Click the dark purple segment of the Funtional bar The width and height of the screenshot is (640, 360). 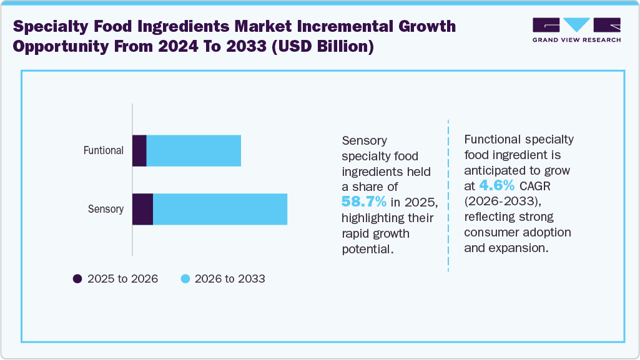tap(139, 150)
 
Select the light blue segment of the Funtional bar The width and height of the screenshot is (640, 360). tap(194, 150)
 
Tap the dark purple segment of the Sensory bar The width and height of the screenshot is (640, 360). tap(142, 209)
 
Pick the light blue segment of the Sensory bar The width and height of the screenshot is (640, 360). tap(220, 209)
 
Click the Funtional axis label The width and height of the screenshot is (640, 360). tap(104, 150)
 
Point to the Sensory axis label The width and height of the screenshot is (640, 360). tap(106, 209)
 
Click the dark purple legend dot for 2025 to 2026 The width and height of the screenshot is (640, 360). tap(77, 279)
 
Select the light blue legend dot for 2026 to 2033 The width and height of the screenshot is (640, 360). tap(185, 279)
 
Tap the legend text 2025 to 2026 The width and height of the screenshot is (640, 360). tap(122, 279)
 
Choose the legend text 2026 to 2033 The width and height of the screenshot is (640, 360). tap(230, 279)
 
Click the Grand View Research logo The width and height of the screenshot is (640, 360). tap(576, 26)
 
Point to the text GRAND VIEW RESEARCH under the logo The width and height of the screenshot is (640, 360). tap(576, 40)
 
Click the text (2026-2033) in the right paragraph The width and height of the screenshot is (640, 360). tap(500, 201)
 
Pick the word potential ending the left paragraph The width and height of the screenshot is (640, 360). tap(368, 249)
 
